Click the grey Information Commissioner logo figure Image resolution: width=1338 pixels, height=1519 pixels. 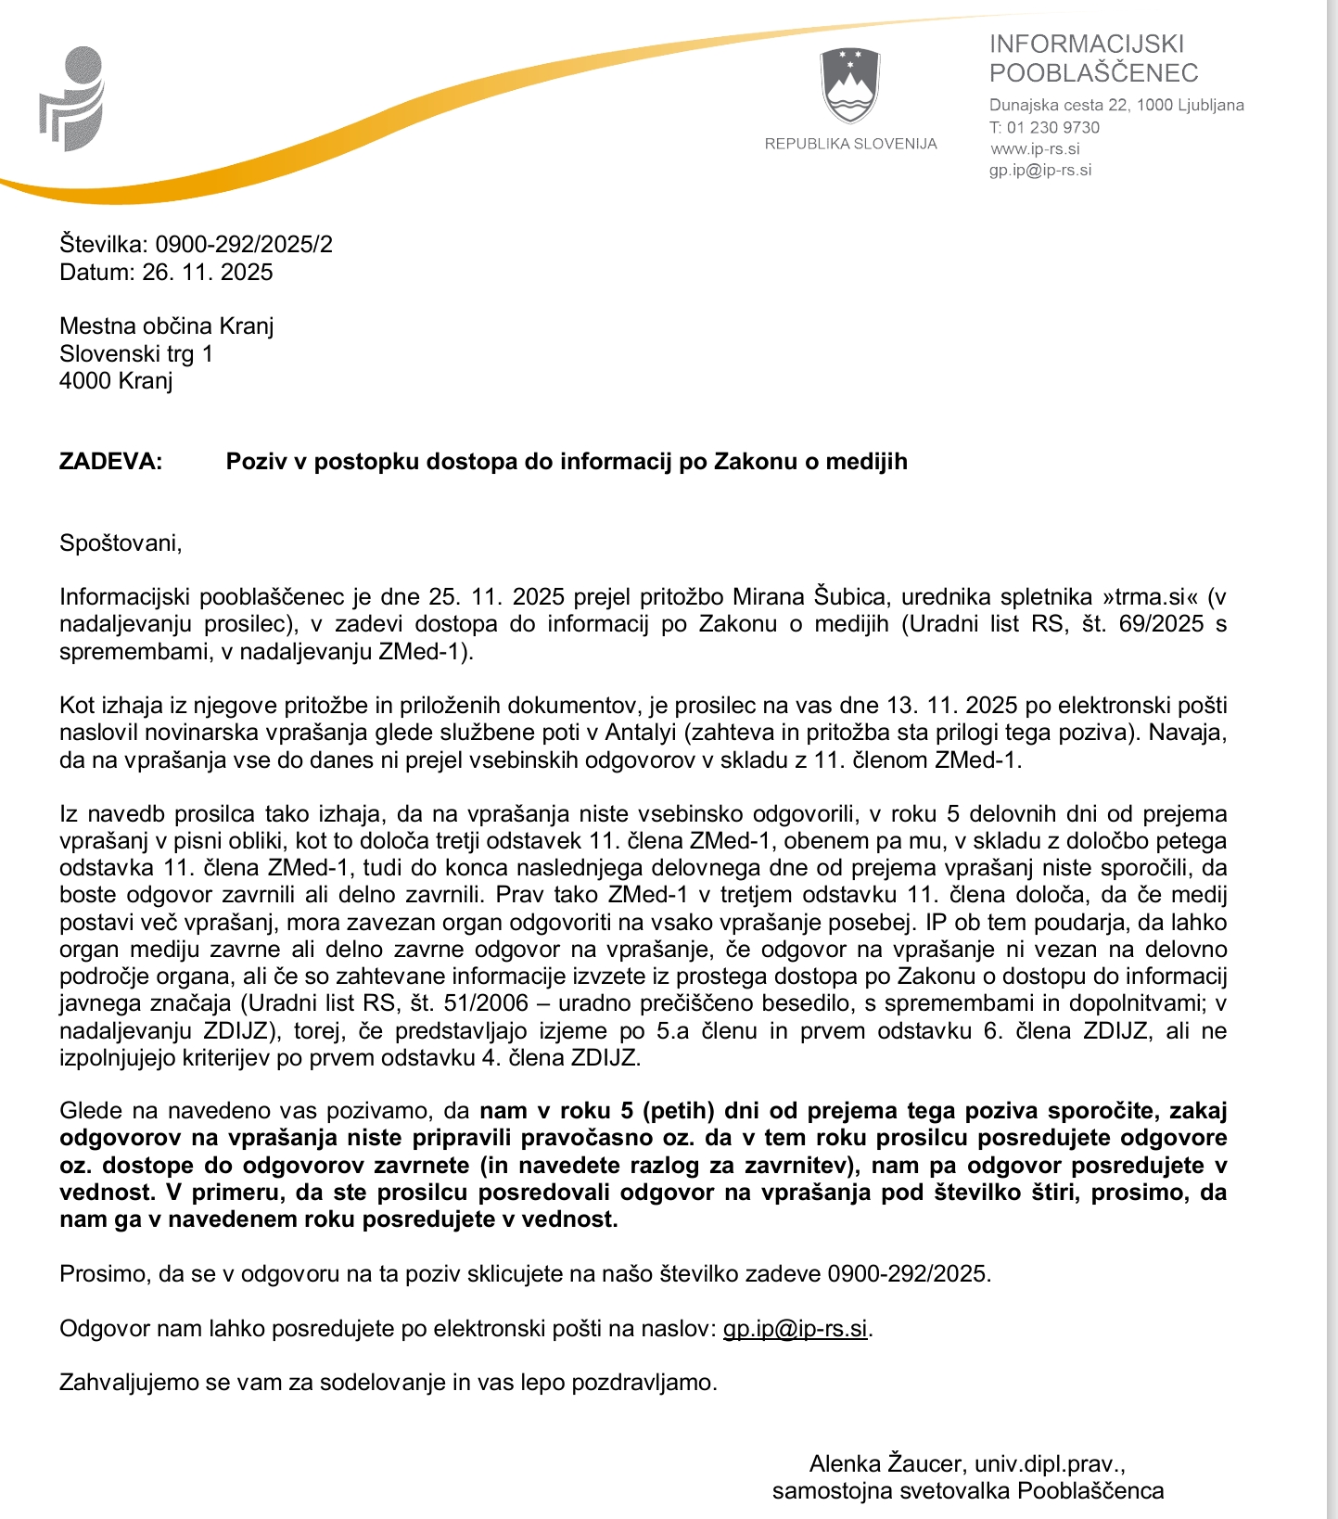73,98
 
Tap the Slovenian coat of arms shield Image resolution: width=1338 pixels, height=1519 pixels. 850,86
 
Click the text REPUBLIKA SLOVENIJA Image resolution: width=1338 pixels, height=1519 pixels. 850,144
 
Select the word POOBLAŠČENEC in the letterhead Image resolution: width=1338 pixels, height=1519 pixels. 1093,73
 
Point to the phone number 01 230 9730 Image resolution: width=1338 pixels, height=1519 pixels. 1053,128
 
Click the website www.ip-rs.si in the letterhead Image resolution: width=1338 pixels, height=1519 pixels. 1035,149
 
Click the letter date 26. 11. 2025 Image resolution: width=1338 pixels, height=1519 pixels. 208,273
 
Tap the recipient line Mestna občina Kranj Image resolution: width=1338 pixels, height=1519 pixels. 167,326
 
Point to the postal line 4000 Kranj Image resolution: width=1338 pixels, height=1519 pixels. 116,381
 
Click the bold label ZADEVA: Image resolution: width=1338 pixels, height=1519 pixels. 110,462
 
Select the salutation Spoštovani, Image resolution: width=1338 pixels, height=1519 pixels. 121,543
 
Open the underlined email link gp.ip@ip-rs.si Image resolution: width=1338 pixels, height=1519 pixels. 796,1329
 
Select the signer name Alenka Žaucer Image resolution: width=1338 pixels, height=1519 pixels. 886,1464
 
